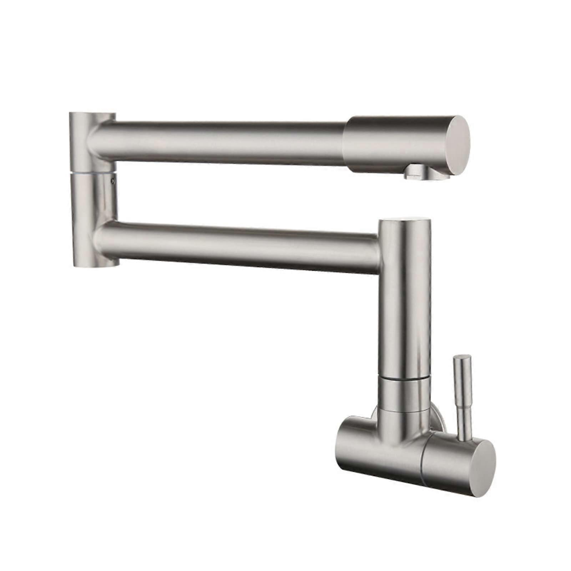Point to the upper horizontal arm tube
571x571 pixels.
(x=221, y=139)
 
